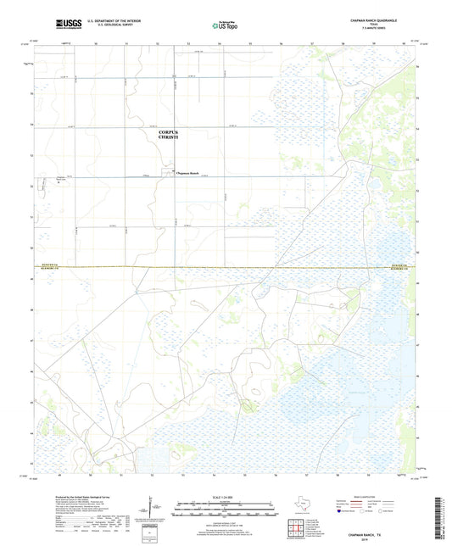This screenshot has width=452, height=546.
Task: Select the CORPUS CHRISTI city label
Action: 175,136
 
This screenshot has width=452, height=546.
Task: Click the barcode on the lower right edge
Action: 444,519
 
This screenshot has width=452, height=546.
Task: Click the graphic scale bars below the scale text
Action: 226,510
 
